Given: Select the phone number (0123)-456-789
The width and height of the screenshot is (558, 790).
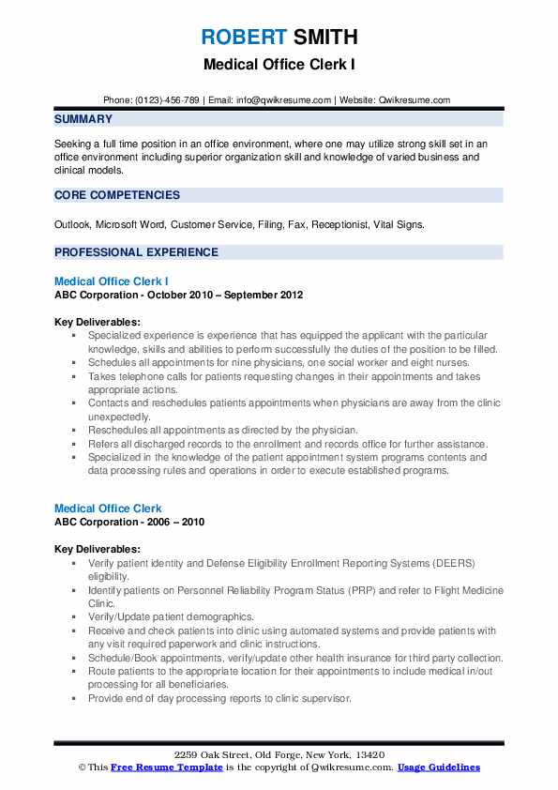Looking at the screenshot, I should click(x=165, y=99).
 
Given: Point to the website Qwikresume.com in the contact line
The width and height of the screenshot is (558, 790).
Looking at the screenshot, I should click(x=415, y=99).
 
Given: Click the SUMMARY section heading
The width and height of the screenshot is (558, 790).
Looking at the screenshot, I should click(x=83, y=119).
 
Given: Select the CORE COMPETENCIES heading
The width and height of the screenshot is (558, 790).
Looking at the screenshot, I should click(x=117, y=195).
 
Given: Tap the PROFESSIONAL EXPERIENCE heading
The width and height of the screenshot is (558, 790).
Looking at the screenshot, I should click(x=136, y=252).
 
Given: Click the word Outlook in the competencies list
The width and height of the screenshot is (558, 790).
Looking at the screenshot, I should click(x=73, y=225).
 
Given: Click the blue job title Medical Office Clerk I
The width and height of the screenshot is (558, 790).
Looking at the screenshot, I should click(x=112, y=281).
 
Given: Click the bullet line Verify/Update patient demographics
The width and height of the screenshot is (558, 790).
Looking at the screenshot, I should click(x=171, y=617).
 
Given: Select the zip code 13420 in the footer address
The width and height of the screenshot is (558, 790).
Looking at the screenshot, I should click(x=369, y=755).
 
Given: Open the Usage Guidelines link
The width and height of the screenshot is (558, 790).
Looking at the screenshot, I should click(x=438, y=767).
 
